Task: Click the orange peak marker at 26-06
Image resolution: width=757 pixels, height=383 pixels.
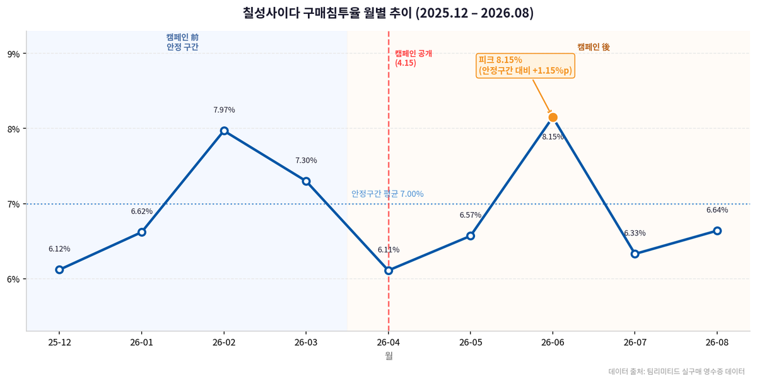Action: coord(553,117)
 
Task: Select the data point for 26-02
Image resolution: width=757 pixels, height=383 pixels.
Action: coord(224,131)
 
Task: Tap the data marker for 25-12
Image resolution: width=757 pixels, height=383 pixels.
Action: coord(59,270)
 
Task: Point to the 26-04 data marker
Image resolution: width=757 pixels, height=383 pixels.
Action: coord(389,271)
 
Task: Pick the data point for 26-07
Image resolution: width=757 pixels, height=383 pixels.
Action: coord(635,254)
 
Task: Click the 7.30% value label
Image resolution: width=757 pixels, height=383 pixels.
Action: coord(306,160)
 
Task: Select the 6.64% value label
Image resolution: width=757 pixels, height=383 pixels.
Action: coord(717,210)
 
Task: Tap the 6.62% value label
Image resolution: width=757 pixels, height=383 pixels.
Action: coord(142,211)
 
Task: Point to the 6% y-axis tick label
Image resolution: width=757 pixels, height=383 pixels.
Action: coord(13,280)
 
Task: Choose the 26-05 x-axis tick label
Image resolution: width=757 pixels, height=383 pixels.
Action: coord(471,343)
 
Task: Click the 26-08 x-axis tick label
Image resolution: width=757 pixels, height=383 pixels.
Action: coord(717,343)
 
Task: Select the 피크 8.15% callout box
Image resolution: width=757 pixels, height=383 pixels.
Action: coord(525,66)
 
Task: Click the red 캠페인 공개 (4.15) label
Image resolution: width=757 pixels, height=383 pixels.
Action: coord(413,58)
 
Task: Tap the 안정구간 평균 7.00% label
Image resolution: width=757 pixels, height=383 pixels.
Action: coord(387,194)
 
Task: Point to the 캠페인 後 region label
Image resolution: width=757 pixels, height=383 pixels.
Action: coord(594,47)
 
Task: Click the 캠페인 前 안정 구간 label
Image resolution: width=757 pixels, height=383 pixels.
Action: coord(182,42)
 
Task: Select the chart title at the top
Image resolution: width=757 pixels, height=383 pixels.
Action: coord(388,13)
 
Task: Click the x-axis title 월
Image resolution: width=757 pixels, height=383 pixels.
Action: coord(389,356)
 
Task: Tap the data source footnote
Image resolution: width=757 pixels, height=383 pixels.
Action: coord(676,372)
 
